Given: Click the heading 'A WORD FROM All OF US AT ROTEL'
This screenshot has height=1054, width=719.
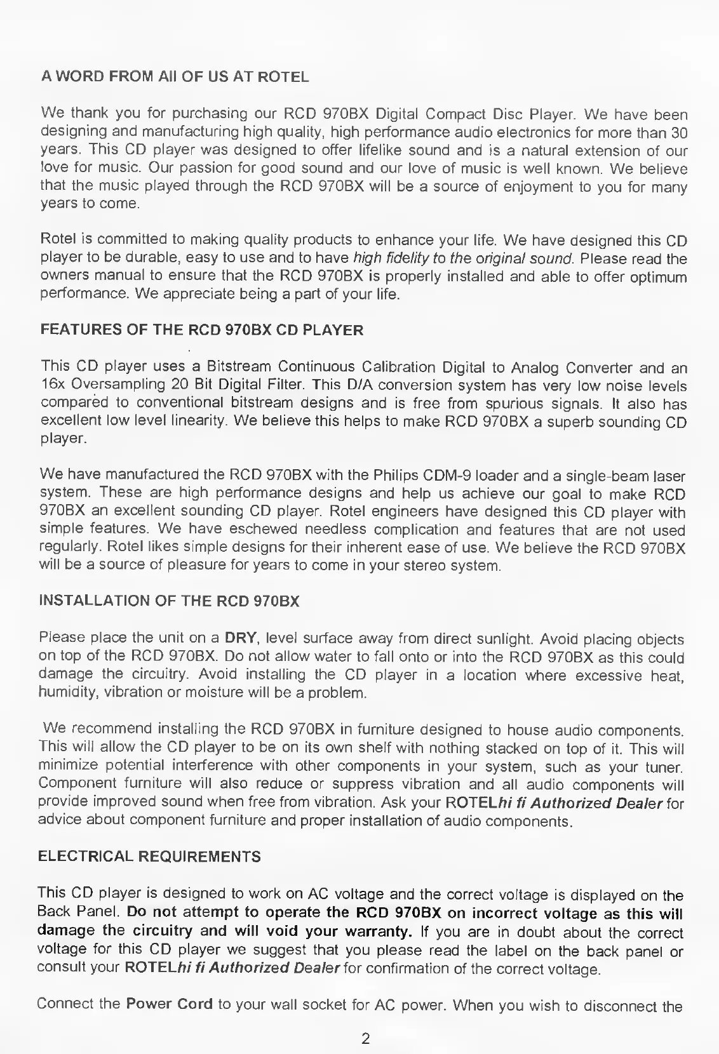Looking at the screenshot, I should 175,77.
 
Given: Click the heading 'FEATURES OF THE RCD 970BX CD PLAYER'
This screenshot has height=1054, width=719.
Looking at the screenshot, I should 202,330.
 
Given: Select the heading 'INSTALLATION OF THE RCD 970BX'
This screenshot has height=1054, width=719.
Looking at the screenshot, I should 169,601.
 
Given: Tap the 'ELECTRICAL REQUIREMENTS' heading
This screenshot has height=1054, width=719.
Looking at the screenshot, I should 149,857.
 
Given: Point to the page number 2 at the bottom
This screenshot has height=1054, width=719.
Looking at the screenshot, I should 365,1039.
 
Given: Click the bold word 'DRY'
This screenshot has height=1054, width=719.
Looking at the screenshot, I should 241,637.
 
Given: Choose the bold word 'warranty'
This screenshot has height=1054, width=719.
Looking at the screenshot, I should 379,931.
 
